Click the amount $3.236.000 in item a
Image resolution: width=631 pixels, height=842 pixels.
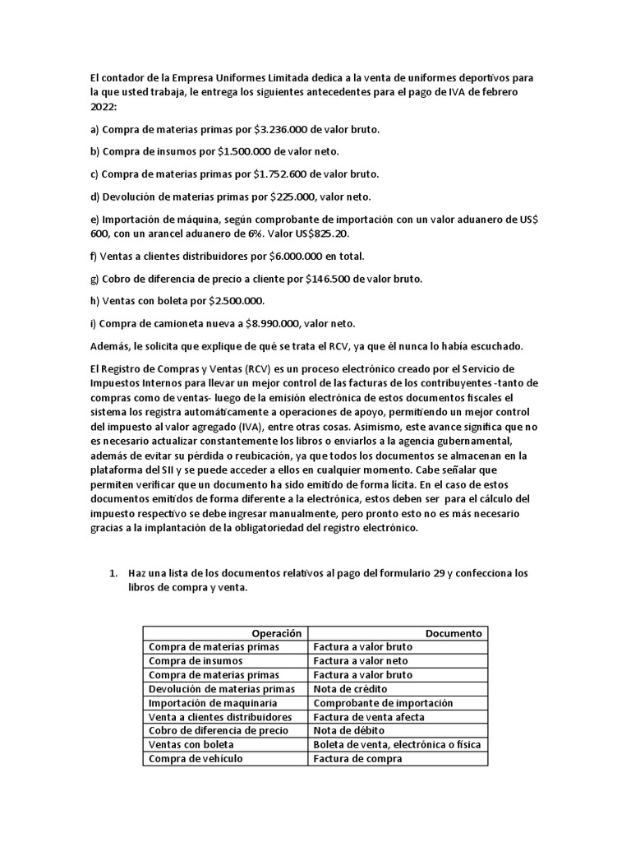point(281,130)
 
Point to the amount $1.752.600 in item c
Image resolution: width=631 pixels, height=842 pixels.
point(280,174)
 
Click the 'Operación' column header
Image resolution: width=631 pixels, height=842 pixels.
point(277,633)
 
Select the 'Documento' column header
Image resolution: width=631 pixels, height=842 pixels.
point(454,633)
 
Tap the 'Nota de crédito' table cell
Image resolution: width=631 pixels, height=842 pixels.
point(351,689)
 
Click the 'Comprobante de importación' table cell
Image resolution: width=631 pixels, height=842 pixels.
point(383,703)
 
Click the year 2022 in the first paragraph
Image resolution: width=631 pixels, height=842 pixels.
point(104,107)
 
